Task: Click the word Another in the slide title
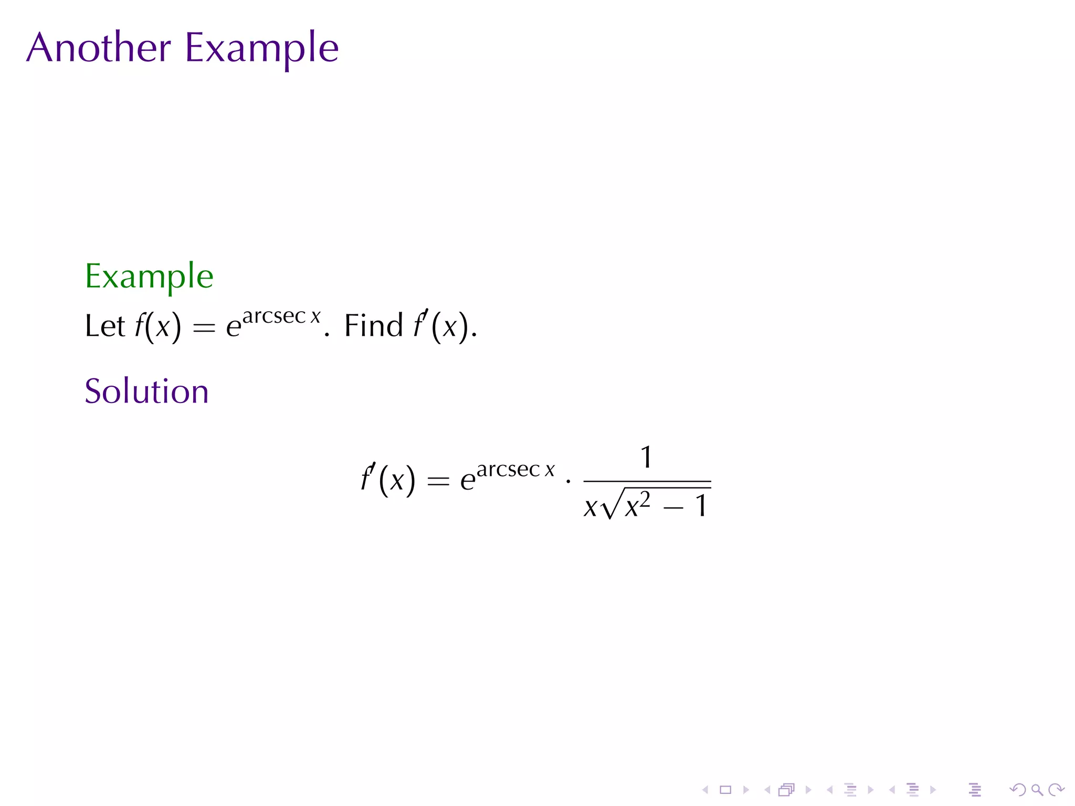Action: (x=99, y=47)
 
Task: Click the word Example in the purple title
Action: (x=261, y=48)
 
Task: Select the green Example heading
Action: (x=149, y=277)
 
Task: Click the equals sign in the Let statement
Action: (x=204, y=327)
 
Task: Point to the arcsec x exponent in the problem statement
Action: (x=281, y=316)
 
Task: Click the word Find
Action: (x=373, y=325)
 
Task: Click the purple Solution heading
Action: (x=146, y=391)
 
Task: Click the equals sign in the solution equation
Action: (x=438, y=481)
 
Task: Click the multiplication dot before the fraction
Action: (x=568, y=480)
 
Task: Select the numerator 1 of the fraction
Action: (x=646, y=457)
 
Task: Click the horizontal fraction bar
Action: (x=647, y=481)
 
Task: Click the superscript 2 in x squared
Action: (x=645, y=499)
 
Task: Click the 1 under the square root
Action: (x=701, y=506)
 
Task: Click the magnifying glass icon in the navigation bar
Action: (x=1037, y=790)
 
